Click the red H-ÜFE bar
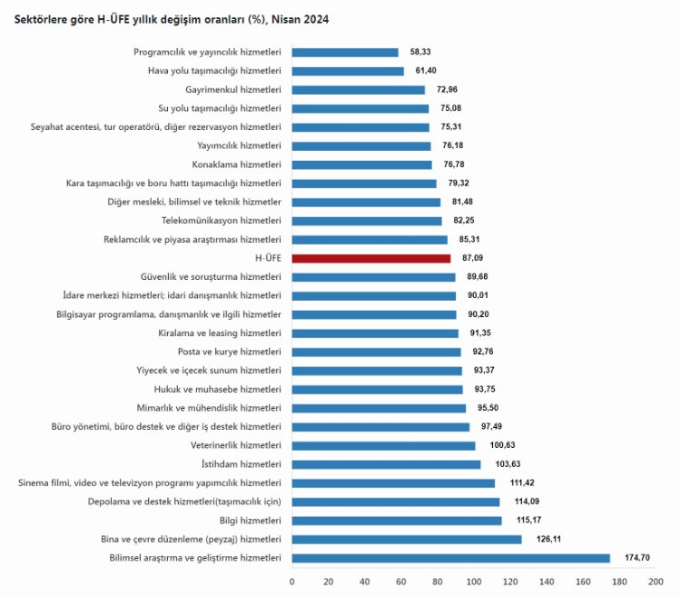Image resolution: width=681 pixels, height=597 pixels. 371,258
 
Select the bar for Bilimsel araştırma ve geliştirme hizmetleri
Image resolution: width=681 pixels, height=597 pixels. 451,558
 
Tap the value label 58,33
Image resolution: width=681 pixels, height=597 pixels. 422,53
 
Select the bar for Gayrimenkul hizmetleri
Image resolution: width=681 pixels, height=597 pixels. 359,90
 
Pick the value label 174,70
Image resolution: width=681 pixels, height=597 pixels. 637,558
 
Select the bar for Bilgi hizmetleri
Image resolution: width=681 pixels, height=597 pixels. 397,521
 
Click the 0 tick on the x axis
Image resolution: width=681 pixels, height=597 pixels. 292,581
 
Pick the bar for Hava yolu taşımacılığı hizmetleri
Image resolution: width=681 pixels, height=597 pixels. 348,71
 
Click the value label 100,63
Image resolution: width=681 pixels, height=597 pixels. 499,445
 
